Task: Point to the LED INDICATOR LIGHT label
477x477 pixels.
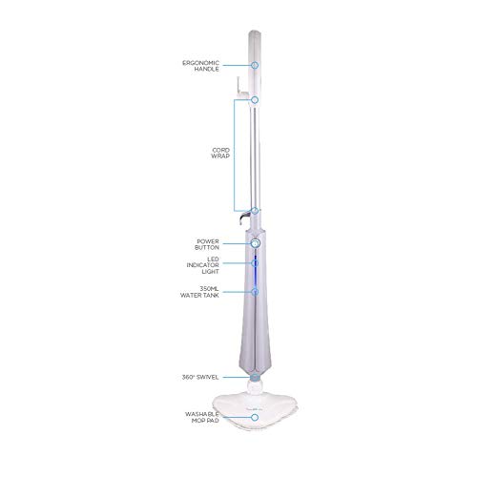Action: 210,263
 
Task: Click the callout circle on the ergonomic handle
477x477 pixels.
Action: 255,65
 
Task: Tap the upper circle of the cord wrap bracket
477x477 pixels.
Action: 255,99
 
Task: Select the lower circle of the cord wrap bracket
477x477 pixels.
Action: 255,211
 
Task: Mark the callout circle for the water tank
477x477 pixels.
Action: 255,290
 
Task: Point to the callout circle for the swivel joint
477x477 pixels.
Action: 255,378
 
